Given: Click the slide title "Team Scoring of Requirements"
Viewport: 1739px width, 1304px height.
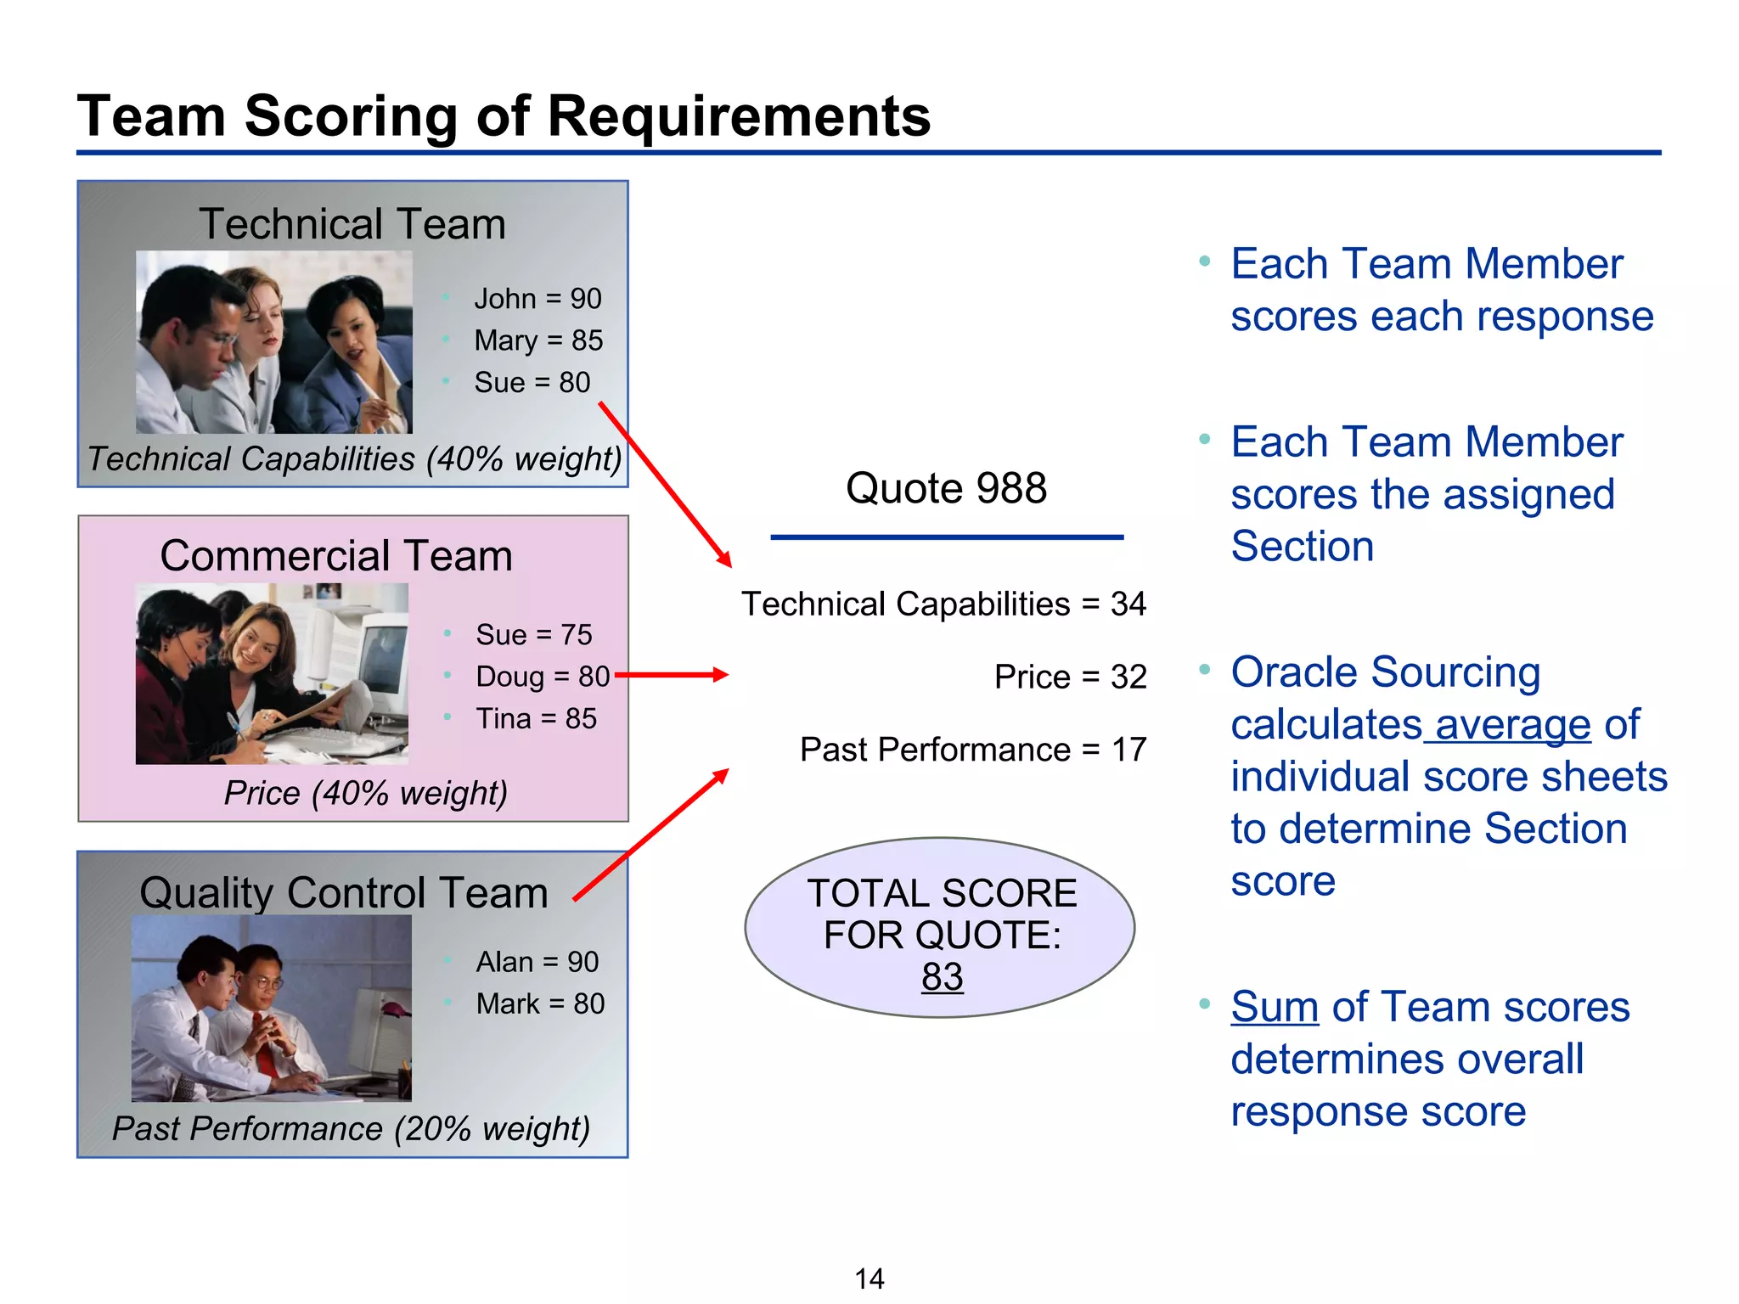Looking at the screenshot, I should (504, 115).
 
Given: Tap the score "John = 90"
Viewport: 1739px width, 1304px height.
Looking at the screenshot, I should (537, 299).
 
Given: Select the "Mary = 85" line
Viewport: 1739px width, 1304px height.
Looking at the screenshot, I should (538, 340).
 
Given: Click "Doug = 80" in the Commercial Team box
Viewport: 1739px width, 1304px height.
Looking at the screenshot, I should (543, 677).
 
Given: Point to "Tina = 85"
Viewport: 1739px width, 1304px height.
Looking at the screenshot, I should (536, 719).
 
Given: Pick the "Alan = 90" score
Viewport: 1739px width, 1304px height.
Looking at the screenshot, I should (537, 962).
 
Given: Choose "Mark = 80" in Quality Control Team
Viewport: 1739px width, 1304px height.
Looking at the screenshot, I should (540, 1003).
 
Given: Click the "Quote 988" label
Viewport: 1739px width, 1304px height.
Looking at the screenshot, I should (946, 488).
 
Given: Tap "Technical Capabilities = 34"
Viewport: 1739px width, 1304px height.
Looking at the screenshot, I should (943, 604).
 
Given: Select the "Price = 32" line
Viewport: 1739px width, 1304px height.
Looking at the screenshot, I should (1070, 677).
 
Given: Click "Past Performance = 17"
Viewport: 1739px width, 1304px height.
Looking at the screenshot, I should (973, 750).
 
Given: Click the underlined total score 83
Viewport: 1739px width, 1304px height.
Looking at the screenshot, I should (942, 977).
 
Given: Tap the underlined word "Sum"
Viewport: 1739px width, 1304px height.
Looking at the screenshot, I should (1275, 1007).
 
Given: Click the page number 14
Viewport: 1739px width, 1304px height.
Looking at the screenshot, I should (869, 1279).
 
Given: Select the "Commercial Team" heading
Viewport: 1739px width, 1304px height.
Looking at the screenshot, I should (336, 556).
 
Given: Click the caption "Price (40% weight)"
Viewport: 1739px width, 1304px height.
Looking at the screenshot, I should (365, 793).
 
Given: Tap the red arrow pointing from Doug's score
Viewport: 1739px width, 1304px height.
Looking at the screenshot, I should (671, 675).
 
